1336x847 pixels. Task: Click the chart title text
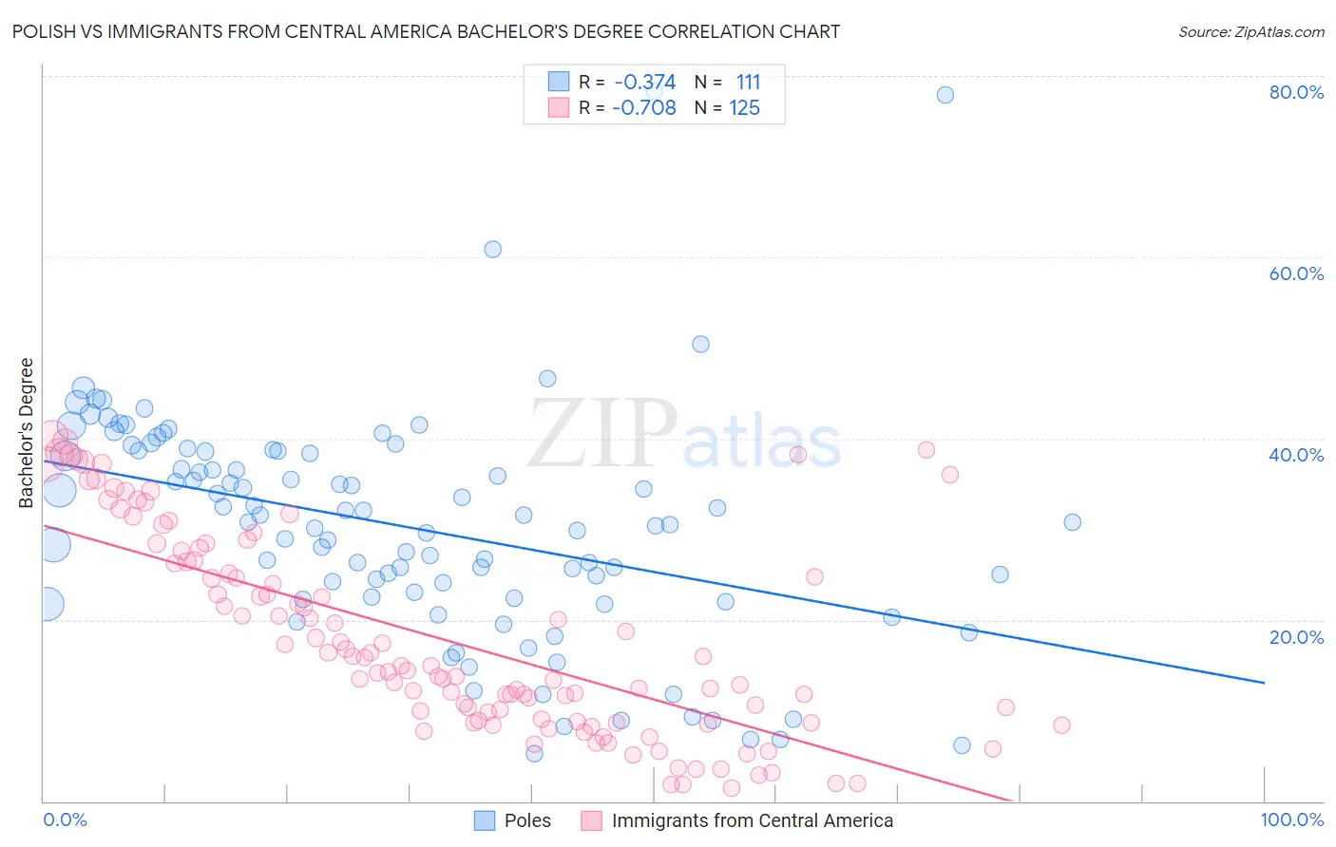point(426,31)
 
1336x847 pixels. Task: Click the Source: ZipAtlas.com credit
point(1250,31)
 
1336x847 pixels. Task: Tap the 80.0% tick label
point(1296,92)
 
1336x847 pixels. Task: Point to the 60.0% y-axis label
point(1296,273)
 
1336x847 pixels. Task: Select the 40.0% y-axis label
point(1296,455)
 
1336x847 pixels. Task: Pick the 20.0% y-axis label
point(1296,636)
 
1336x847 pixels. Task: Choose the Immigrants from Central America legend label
point(753,820)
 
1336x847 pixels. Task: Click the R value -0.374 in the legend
point(645,83)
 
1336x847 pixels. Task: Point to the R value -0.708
point(644,108)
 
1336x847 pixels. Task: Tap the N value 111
point(748,83)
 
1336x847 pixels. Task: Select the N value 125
point(744,108)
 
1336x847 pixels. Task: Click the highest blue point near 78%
point(945,95)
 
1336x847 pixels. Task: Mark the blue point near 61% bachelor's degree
point(492,250)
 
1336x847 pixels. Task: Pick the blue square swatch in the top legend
point(558,83)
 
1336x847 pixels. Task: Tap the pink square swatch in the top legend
point(558,108)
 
